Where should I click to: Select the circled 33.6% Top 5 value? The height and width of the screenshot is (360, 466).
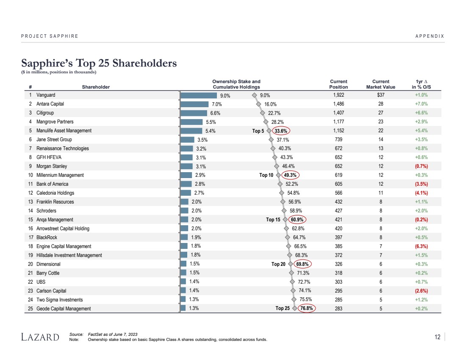(281, 131)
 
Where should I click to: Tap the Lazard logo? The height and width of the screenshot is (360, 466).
(40, 338)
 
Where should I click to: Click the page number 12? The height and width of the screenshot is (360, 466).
(437, 337)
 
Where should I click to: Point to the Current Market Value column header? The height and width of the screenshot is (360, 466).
(380, 84)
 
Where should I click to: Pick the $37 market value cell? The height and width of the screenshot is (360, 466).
(380, 95)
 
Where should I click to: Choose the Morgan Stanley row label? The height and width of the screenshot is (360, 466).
(52, 166)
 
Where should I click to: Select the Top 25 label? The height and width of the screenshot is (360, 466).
(283, 309)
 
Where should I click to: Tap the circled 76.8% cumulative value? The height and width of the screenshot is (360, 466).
(306, 309)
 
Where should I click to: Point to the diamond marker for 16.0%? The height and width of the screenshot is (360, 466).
(258, 104)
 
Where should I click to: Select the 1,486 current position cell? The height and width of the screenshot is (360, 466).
(338, 104)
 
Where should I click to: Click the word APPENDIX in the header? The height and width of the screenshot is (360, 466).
(430, 36)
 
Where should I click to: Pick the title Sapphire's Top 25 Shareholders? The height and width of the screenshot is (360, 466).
(99, 63)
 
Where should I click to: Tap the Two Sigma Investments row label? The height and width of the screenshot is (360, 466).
(59, 300)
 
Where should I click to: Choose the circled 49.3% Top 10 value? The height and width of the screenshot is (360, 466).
(291, 175)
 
